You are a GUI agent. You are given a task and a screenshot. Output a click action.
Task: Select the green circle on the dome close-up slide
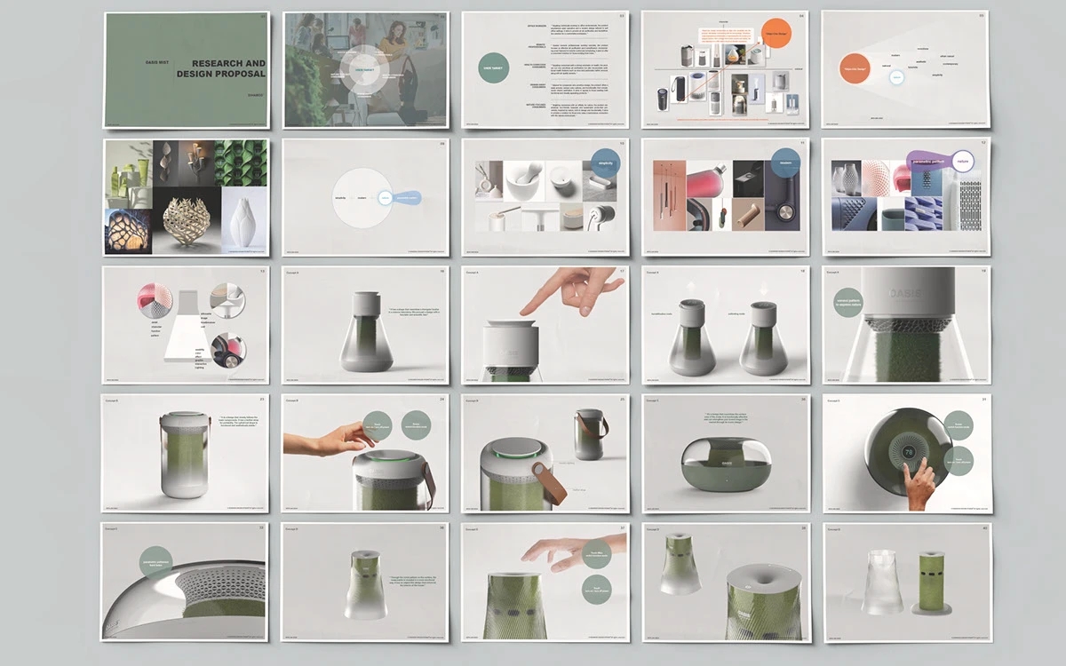click(156, 562)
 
